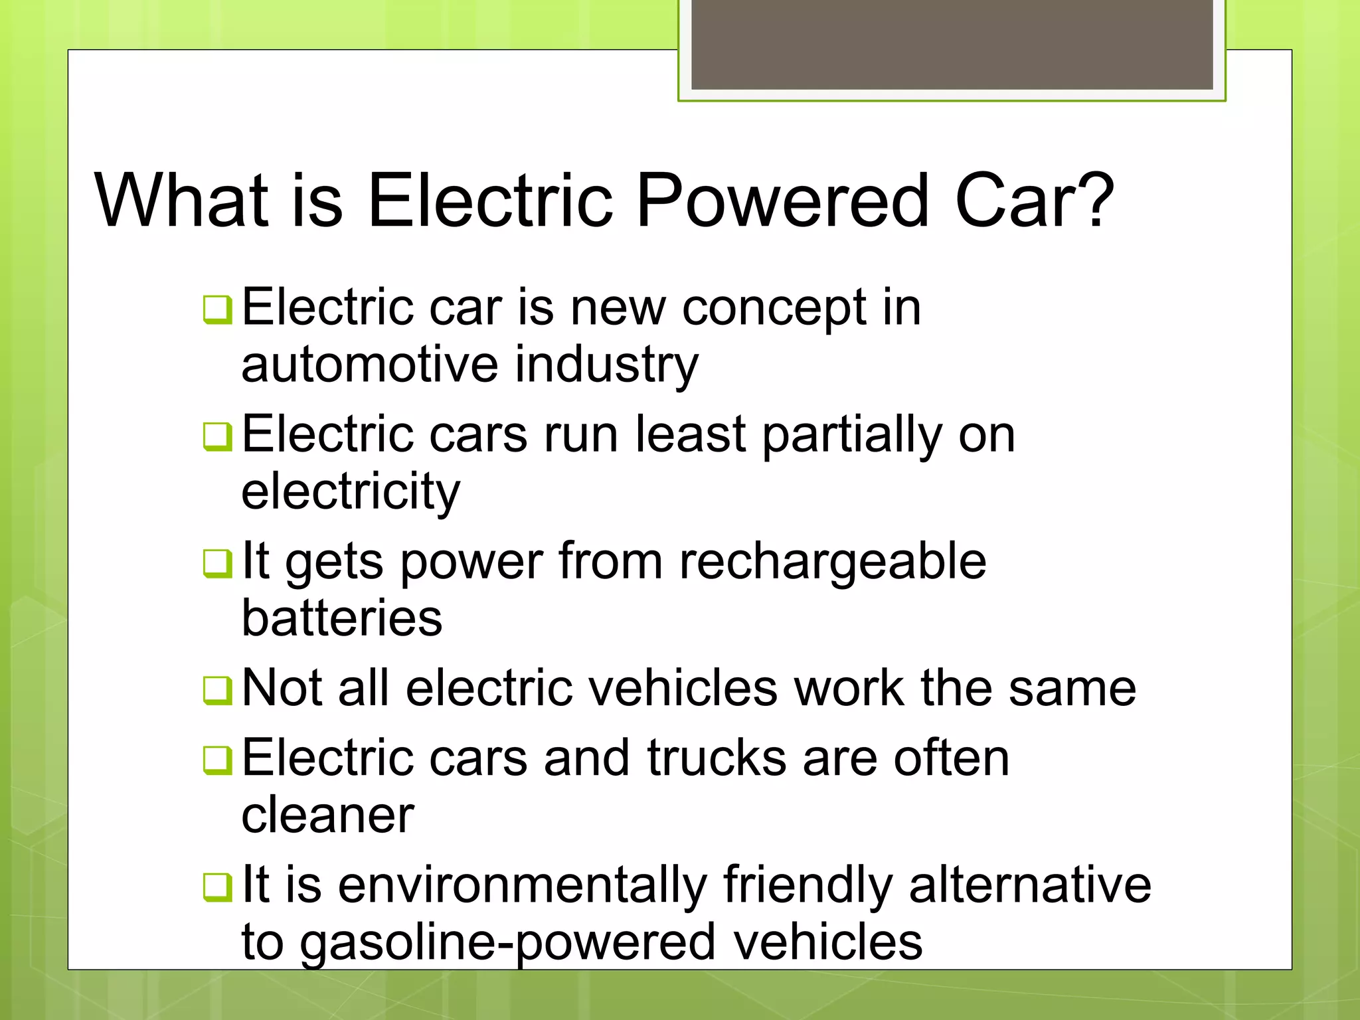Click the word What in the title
(182, 201)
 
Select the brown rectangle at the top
(952, 44)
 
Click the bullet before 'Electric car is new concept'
(217, 309)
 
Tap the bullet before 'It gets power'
(217, 563)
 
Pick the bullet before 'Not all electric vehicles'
(217, 690)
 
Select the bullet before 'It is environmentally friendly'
(217, 887)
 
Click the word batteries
(341, 618)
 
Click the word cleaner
(327, 816)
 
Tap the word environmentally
(523, 887)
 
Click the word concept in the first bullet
(774, 309)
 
